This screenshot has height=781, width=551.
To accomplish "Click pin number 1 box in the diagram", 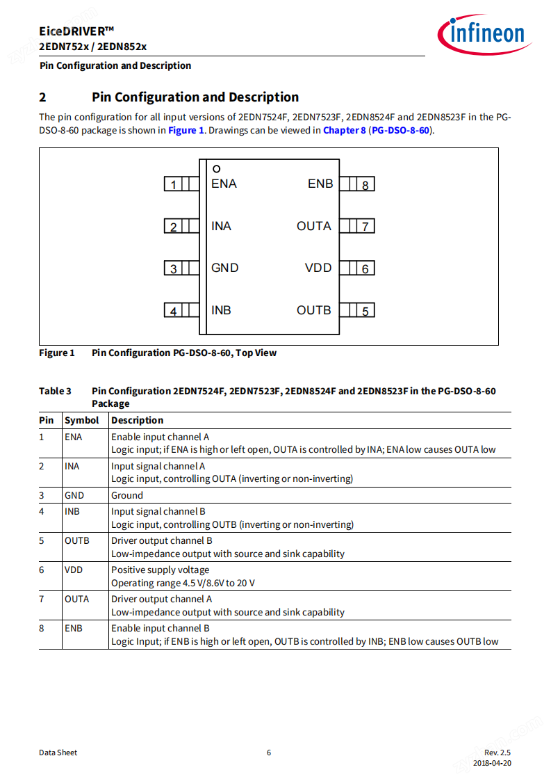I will pyautogui.click(x=173, y=184).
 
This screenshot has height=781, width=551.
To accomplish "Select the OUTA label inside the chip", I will pyautogui.click(x=314, y=226).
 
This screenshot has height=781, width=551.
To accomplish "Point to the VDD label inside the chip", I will pyautogui.click(x=318, y=268).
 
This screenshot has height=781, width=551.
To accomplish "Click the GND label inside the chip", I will pyautogui.click(x=224, y=268).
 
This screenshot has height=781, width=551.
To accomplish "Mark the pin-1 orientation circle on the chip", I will pyautogui.click(x=217, y=168).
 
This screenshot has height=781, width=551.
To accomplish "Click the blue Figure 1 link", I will pyautogui.click(x=186, y=130).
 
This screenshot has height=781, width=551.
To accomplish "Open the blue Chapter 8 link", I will pyautogui.click(x=344, y=130).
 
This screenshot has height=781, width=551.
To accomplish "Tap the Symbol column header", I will pyautogui.click(x=82, y=420).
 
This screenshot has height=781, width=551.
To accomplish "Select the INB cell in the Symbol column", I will pyautogui.click(x=72, y=511).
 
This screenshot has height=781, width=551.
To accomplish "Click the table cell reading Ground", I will pyautogui.click(x=127, y=495).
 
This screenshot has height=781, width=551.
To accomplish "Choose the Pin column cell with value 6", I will pyautogui.click(x=42, y=570).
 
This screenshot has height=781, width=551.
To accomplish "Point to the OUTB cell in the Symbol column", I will pyautogui.click(x=77, y=540).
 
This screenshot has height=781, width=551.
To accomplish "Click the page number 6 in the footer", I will pyautogui.click(x=269, y=752).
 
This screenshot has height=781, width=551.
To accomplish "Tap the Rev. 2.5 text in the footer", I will pyautogui.click(x=497, y=752).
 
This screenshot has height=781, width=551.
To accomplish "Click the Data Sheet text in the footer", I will pyautogui.click(x=58, y=752).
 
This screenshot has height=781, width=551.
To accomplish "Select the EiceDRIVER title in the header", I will pyautogui.click(x=77, y=31).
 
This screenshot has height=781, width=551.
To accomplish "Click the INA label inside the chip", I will pyautogui.click(x=221, y=226).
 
